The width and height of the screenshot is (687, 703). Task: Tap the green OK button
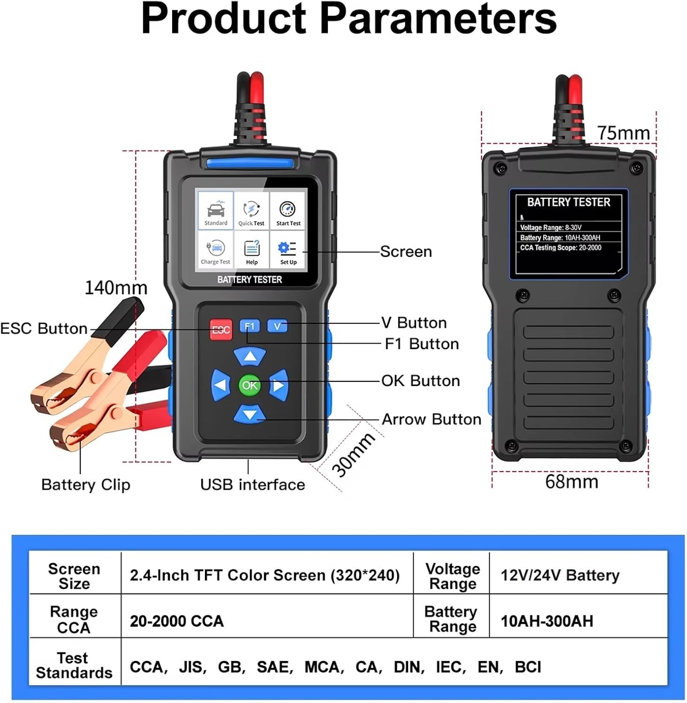click(x=249, y=385)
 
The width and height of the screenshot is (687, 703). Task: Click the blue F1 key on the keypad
click(x=249, y=326)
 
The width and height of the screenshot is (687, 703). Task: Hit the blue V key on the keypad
click(x=277, y=326)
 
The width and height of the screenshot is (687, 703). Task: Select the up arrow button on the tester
click(x=250, y=357)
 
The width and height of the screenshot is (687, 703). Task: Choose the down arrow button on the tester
click(x=250, y=414)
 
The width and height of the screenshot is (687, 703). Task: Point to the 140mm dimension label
click(x=116, y=287)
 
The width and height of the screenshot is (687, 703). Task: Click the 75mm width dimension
click(x=623, y=133)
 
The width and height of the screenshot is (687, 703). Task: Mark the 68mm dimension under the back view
click(x=572, y=481)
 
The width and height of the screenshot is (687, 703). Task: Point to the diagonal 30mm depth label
click(x=353, y=454)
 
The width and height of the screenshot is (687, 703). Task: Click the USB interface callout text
click(x=252, y=484)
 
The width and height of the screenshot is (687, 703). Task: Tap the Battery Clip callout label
click(x=86, y=485)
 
